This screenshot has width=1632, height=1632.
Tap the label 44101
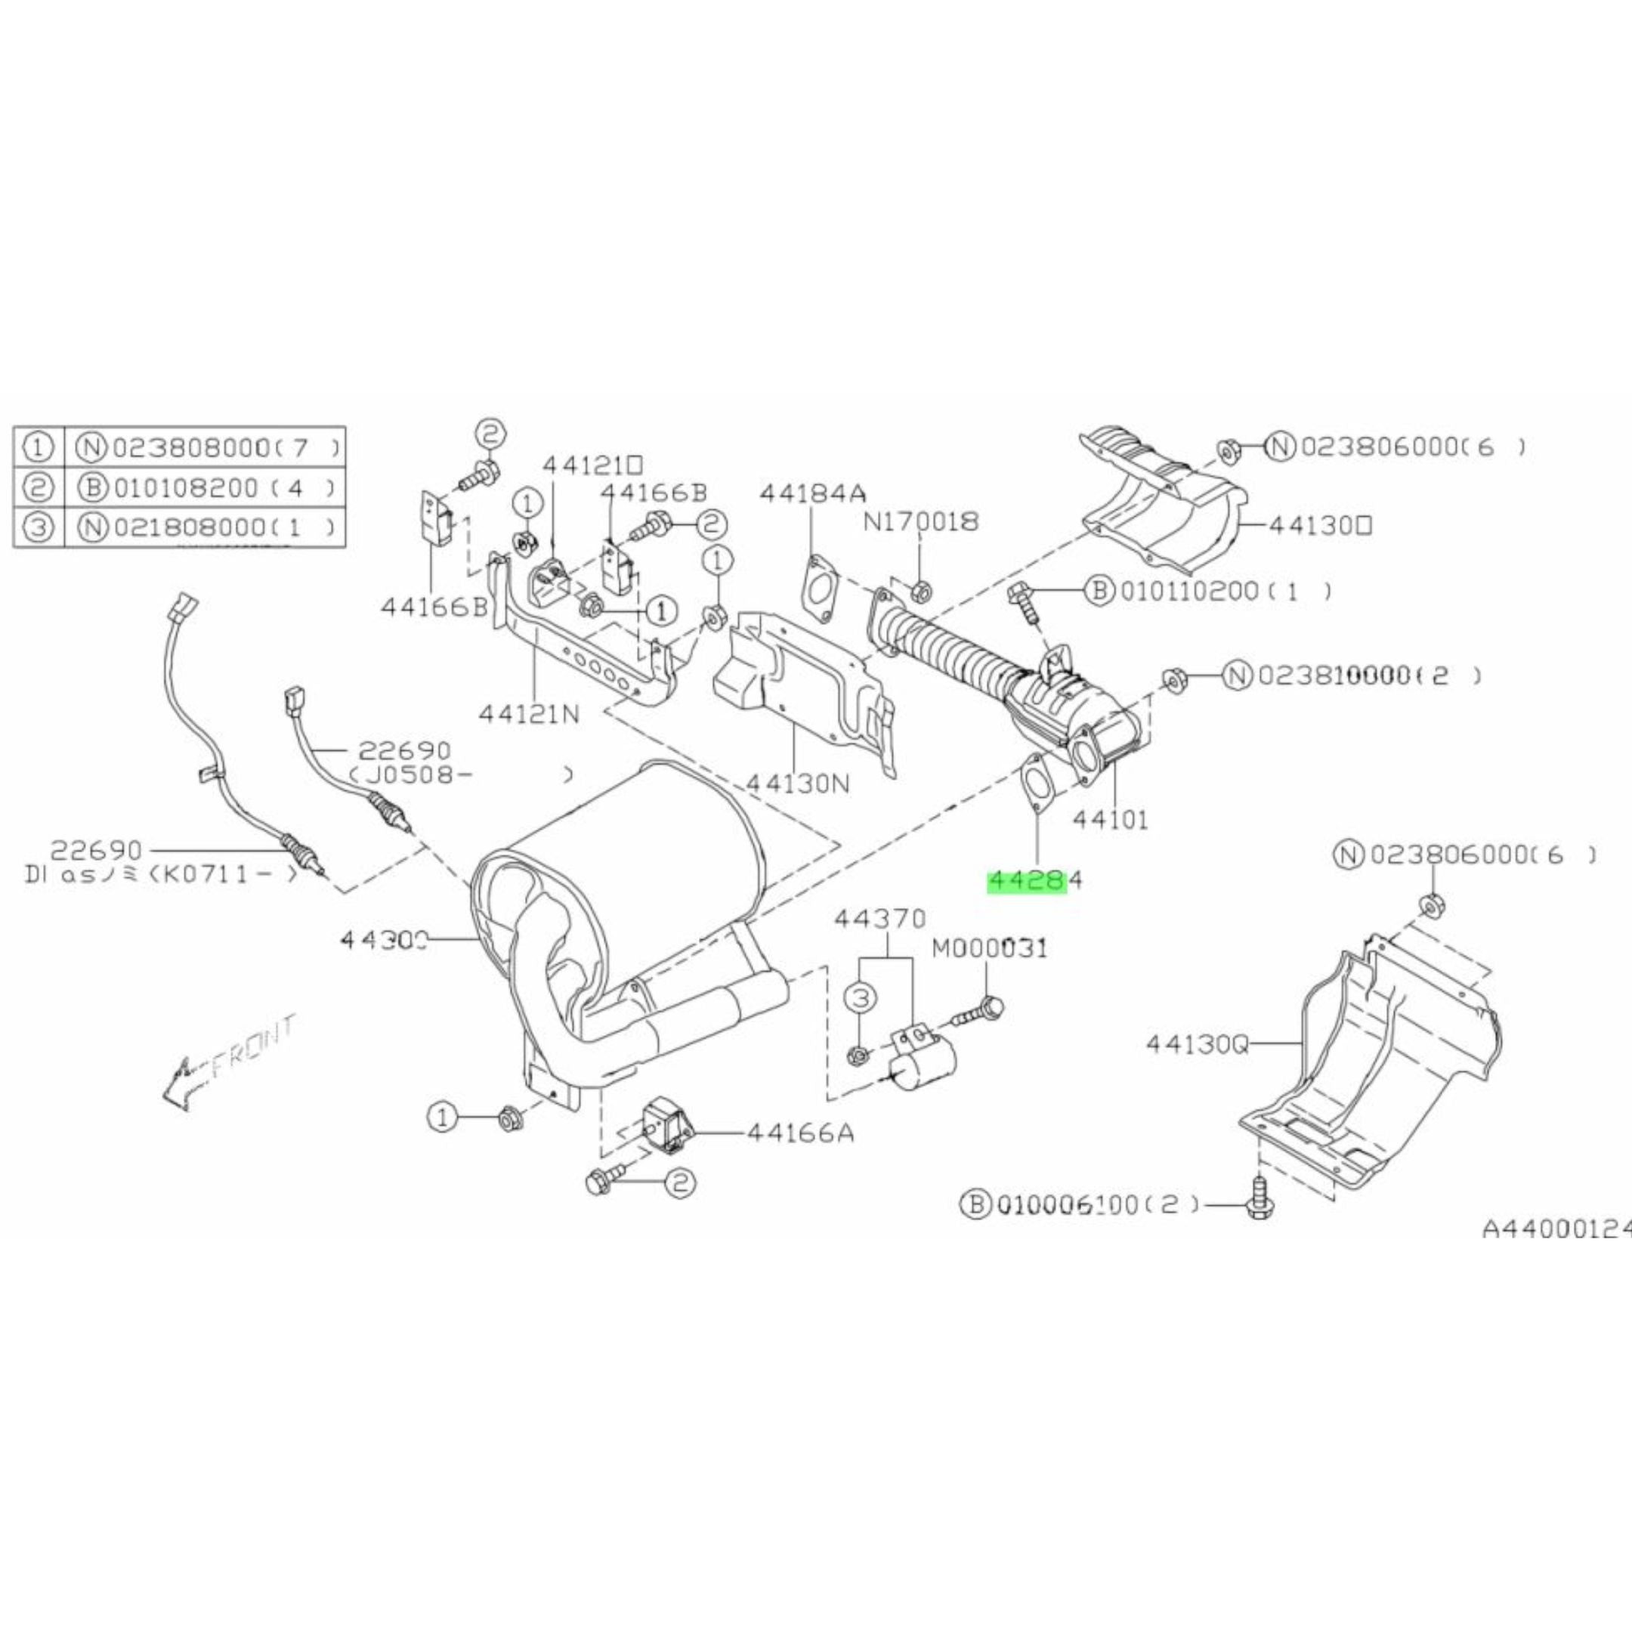coord(1110,818)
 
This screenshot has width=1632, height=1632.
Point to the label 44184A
coord(813,493)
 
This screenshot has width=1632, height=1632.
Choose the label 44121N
coord(529,715)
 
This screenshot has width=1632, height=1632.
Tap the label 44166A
coord(800,1133)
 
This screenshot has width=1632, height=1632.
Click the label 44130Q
coord(1196,1045)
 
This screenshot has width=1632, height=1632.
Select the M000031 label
coord(989,949)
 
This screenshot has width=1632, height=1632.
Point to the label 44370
coord(880,918)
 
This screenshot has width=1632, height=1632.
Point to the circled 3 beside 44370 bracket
coord(859,998)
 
